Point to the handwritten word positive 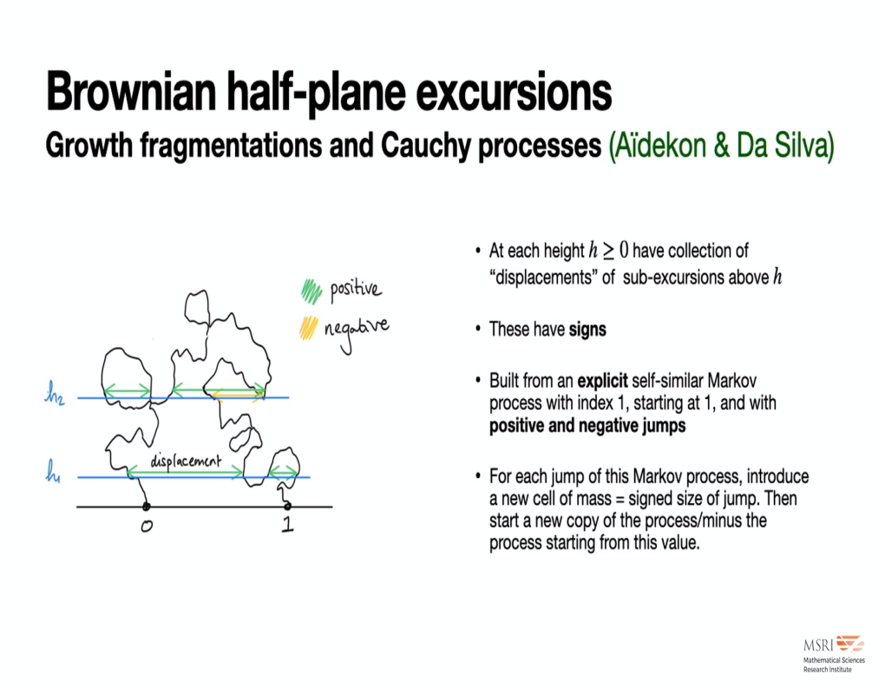coord(355,289)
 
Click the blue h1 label coord(55,474)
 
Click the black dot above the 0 coord(146,506)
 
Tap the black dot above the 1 coord(287,506)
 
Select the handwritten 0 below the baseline coord(147,528)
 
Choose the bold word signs coord(587,330)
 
